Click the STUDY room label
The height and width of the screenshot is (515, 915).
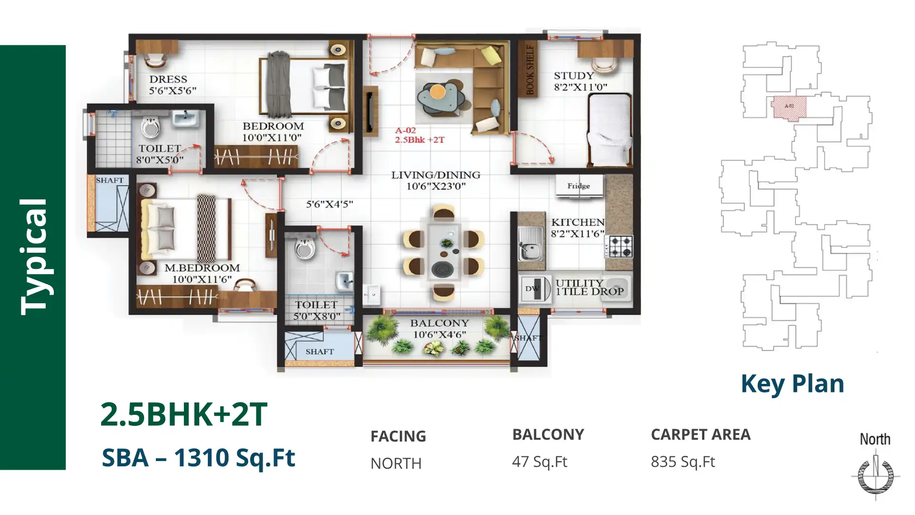[x=574, y=76]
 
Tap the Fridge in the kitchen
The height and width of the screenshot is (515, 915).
[x=579, y=186]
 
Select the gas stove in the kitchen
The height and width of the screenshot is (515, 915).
[x=619, y=247]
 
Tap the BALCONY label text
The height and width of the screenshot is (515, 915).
[x=439, y=323]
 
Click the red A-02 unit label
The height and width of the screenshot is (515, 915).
[x=405, y=130]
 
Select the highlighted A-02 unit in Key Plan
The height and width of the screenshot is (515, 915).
[x=789, y=107]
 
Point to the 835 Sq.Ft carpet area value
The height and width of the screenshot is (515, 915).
[x=683, y=462]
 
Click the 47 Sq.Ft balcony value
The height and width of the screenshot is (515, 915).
[x=539, y=462]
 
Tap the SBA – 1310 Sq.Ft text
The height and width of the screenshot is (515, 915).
[x=198, y=457]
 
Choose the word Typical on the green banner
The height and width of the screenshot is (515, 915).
[x=34, y=257]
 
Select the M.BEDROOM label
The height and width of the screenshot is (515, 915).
[x=202, y=268]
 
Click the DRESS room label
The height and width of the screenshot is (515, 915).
[x=168, y=79]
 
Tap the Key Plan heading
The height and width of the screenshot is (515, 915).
[x=792, y=384]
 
